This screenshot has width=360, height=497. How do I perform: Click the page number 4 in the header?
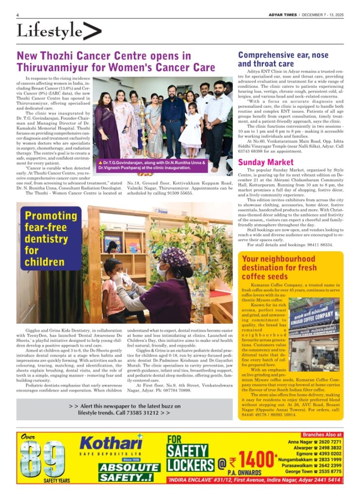pyautogui.click(x=17, y=15)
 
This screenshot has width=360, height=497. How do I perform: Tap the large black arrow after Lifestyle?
pyautogui.click(x=92, y=32)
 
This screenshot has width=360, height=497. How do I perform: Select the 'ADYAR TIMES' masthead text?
pyautogui.click(x=282, y=15)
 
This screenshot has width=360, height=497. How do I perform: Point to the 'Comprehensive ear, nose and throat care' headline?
pyautogui.click(x=283, y=59)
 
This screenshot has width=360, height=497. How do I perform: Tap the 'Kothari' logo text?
pyautogui.click(x=111, y=443)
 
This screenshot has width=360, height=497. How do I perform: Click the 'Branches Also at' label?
pyautogui.click(x=322, y=435)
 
